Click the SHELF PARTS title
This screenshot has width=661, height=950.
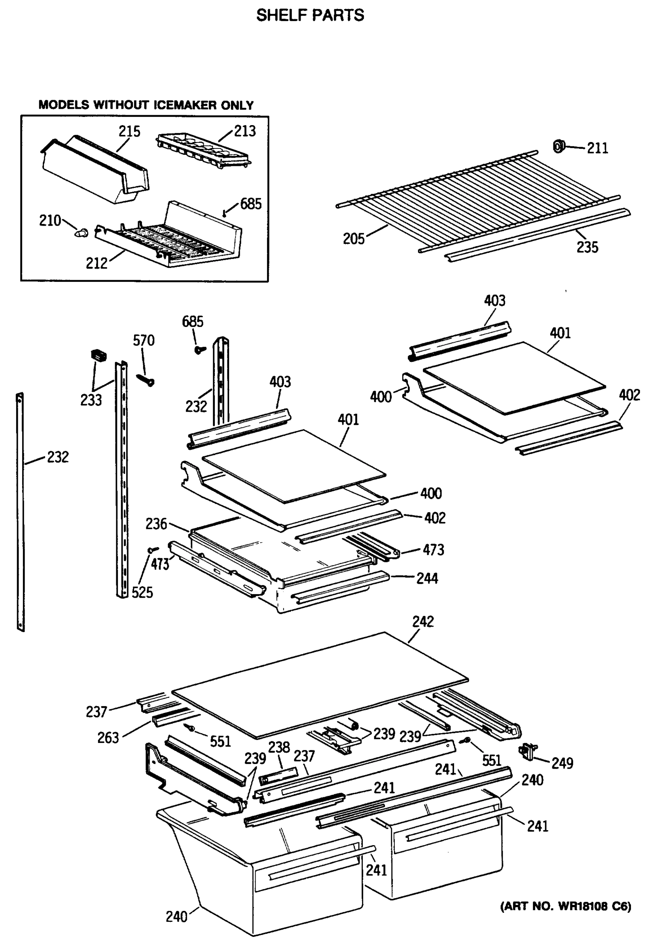click(x=310, y=16)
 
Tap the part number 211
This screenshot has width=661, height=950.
click(x=597, y=148)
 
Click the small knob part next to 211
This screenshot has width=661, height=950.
click(x=559, y=146)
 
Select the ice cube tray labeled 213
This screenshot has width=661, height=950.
click(x=203, y=150)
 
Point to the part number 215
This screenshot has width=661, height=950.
click(x=129, y=131)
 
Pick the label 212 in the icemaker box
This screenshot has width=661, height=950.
click(x=96, y=263)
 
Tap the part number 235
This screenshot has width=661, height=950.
click(x=587, y=247)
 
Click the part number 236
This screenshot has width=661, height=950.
click(x=156, y=524)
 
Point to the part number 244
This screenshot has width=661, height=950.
click(x=427, y=578)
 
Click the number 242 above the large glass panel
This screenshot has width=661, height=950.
click(x=423, y=621)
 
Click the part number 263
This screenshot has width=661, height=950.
click(x=108, y=738)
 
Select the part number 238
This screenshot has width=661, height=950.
click(x=278, y=747)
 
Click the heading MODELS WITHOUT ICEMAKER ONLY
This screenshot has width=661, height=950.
click(x=146, y=105)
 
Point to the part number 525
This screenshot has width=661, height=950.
click(x=142, y=592)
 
